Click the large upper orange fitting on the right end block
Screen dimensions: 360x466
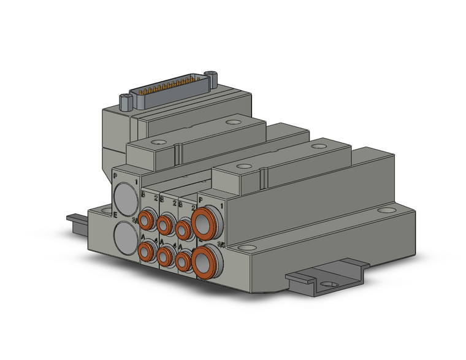[204, 226]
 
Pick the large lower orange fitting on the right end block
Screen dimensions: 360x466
[203, 261]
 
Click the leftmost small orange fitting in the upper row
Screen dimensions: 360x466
[147, 219]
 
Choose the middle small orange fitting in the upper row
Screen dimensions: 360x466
[165, 223]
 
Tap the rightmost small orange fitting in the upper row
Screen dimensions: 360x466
[183, 228]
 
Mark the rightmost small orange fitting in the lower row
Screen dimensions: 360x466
[183, 261]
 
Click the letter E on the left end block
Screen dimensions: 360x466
[116, 215]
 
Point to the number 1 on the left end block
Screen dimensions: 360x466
[136, 182]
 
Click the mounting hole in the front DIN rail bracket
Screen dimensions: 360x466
[330, 284]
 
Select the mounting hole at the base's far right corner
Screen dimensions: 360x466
[385, 210]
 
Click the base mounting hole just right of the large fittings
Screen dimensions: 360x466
[244, 247]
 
